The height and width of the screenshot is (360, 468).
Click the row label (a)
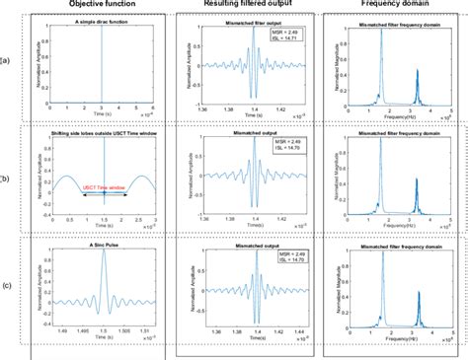pos(8,61)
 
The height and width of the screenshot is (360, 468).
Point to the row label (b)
pos(8,178)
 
